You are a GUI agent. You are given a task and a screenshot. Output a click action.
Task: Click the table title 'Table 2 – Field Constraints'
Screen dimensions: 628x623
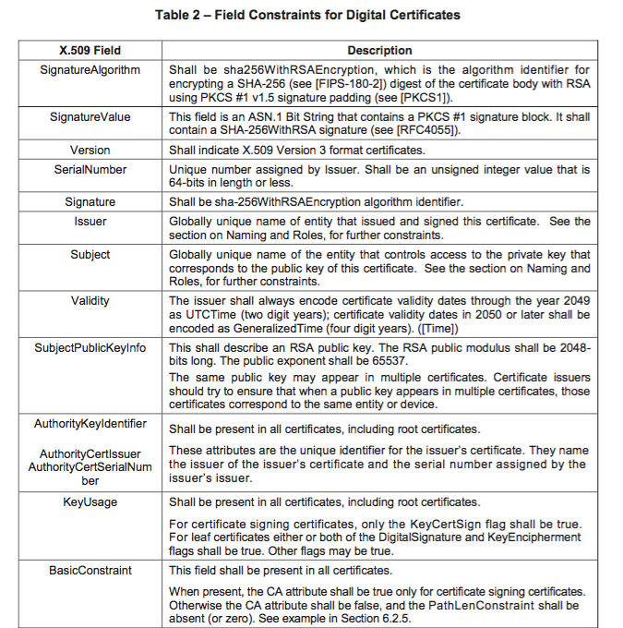pyautogui.click(x=310, y=15)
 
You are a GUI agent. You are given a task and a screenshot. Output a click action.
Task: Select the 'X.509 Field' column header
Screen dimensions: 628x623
pyautogui.click(x=90, y=51)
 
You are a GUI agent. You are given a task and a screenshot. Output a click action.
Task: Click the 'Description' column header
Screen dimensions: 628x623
pyautogui.click(x=378, y=51)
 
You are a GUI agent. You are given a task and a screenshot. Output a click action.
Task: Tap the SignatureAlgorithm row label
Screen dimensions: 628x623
pyautogui.click(x=90, y=69)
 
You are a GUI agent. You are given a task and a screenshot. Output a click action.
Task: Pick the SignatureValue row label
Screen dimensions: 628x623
pyautogui.click(x=90, y=117)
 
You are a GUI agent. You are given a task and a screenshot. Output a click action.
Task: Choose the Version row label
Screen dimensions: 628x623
pyautogui.click(x=90, y=150)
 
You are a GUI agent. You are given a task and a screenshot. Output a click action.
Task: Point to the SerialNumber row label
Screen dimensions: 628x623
pyautogui.click(x=90, y=170)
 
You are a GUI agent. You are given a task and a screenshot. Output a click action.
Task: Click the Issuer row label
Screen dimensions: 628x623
pyautogui.click(x=90, y=222)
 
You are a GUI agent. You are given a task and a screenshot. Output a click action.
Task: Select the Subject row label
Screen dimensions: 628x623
pyautogui.click(x=90, y=254)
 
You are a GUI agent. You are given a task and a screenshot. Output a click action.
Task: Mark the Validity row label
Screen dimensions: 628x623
pyautogui.click(x=90, y=301)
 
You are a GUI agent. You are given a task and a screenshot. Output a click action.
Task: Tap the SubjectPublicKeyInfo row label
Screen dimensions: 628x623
pyautogui.click(x=90, y=347)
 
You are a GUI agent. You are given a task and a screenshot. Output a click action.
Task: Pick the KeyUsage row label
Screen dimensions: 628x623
pyautogui.click(x=90, y=501)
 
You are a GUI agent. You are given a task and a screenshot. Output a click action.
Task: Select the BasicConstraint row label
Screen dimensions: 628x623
pyautogui.click(x=90, y=571)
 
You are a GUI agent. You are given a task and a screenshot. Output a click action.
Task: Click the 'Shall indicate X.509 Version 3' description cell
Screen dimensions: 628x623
pyautogui.click(x=296, y=150)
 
